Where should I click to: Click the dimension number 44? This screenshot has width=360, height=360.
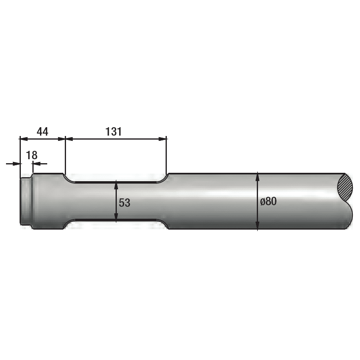point(42,132)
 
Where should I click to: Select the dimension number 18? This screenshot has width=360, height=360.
point(32,155)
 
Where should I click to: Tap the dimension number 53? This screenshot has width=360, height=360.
point(124,203)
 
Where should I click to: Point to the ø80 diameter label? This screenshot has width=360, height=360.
point(268,202)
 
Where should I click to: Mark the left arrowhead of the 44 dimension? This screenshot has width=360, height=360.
point(23,139)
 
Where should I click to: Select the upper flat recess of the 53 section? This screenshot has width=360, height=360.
point(116,182)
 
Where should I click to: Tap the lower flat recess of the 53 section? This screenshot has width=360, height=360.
point(116,221)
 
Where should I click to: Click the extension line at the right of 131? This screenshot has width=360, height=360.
point(166,156)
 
